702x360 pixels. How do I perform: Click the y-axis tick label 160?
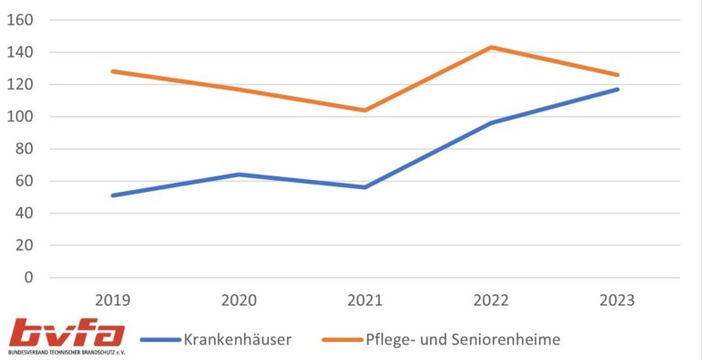pos(22,20)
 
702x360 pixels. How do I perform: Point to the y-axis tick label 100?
pos(22,117)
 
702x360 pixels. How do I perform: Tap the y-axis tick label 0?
pos(29,278)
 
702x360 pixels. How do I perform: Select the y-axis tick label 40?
pos(26,213)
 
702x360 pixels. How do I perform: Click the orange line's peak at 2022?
pos(491,47)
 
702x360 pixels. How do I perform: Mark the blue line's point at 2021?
pos(364,187)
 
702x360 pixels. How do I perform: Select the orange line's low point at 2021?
pos(364,110)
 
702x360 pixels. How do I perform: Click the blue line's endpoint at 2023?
pos(618,89)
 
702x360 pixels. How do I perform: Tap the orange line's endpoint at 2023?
pos(618,75)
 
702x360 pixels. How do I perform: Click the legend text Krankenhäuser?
pos(238,339)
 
